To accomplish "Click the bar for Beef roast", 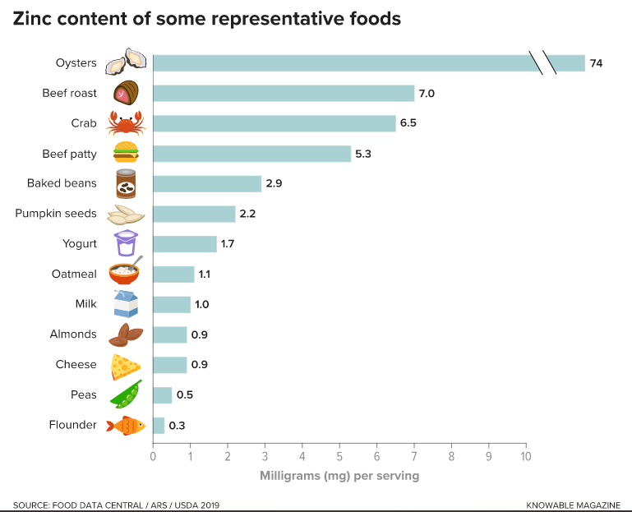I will pyautogui.click(x=284, y=93).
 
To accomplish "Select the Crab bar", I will pyautogui.click(x=274, y=123).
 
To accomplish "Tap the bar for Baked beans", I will pyautogui.click(x=207, y=183).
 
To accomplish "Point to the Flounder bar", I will pyautogui.click(x=159, y=425).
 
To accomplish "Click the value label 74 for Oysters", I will pyautogui.click(x=596, y=63).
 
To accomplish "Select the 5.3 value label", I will pyautogui.click(x=363, y=154).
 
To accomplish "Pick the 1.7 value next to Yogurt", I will pyautogui.click(x=228, y=244).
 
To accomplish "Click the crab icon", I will pyautogui.click(x=126, y=123).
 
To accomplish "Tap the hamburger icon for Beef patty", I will pyautogui.click(x=126, y=153).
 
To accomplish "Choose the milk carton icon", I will pyautogui.click(x=126, y=304).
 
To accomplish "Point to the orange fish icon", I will pyautogui.click(x=126, y=425).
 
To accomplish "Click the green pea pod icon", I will pyautogui.click(x=126, y=394).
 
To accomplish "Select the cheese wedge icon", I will pyautogui.click(x=126, y=365).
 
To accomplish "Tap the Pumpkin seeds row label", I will pyautogui.click(x=56, y=214).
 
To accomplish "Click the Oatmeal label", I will pyautogui.click(x=74, y=274).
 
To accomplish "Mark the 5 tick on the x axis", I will pyautogui.click(x=339, y=456).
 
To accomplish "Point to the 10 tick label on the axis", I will pyautogui.click(x=526, y=456).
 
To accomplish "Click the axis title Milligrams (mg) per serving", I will pyautogui.click(x=339, y=476).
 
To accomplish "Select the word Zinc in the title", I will pyautogui.click(x=33, y=18).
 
